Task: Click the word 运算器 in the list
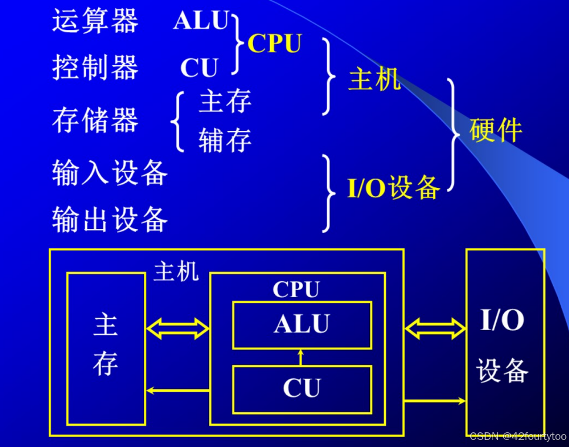coord(95,22)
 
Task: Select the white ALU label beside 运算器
coord(201,21)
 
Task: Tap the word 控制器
coord(95,68)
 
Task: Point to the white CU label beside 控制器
coord(199,68)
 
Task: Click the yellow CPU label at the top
coord(274,43)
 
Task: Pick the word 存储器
coord(95,120)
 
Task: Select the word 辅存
coord(225,140)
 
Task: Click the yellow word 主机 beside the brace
coord(375,79)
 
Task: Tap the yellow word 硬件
coord(496,130)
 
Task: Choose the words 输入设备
coord(110,173)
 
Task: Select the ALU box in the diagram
coord(302,325)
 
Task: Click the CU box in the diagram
coord(302,389)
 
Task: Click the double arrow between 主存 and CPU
coord(177,329)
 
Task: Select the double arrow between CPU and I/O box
coord(435,329)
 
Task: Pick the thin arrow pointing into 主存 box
coord(177,390)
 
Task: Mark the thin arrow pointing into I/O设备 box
coord(435,401)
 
